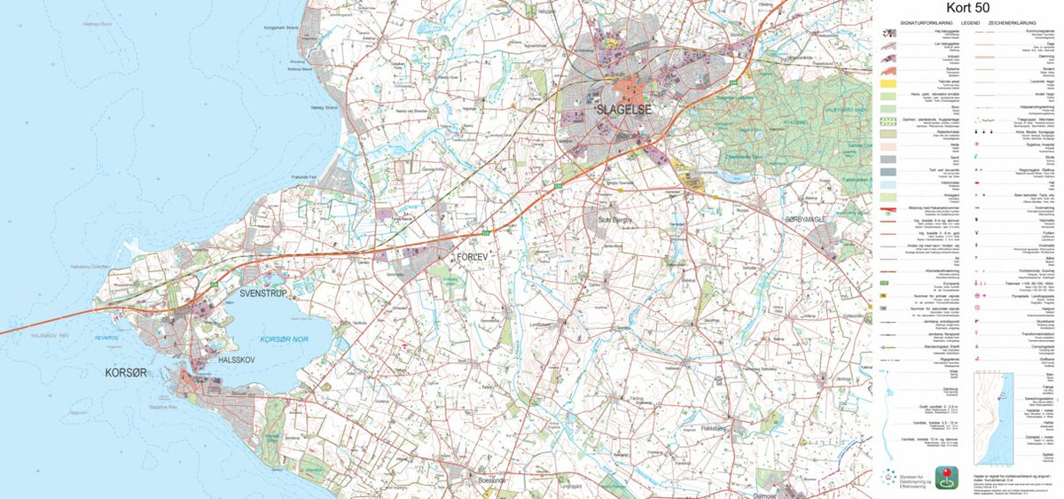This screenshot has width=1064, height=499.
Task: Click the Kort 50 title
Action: pos(968,8)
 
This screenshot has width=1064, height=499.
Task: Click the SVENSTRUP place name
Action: pos(263,292)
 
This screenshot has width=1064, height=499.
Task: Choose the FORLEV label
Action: pos(473,256)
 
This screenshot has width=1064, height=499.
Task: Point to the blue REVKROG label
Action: pos(107,338)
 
